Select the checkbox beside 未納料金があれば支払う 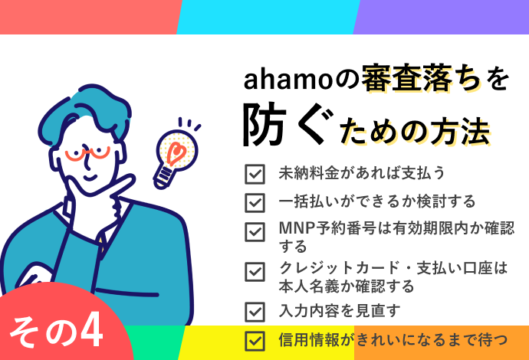click(x=255, y=174)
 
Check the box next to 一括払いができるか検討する click(x=255, y=202)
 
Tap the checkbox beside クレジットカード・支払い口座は click(x=255, y=272)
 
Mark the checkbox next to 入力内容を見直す click(x=255, y=311)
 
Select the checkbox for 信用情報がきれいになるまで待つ click(x=255, y=339)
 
